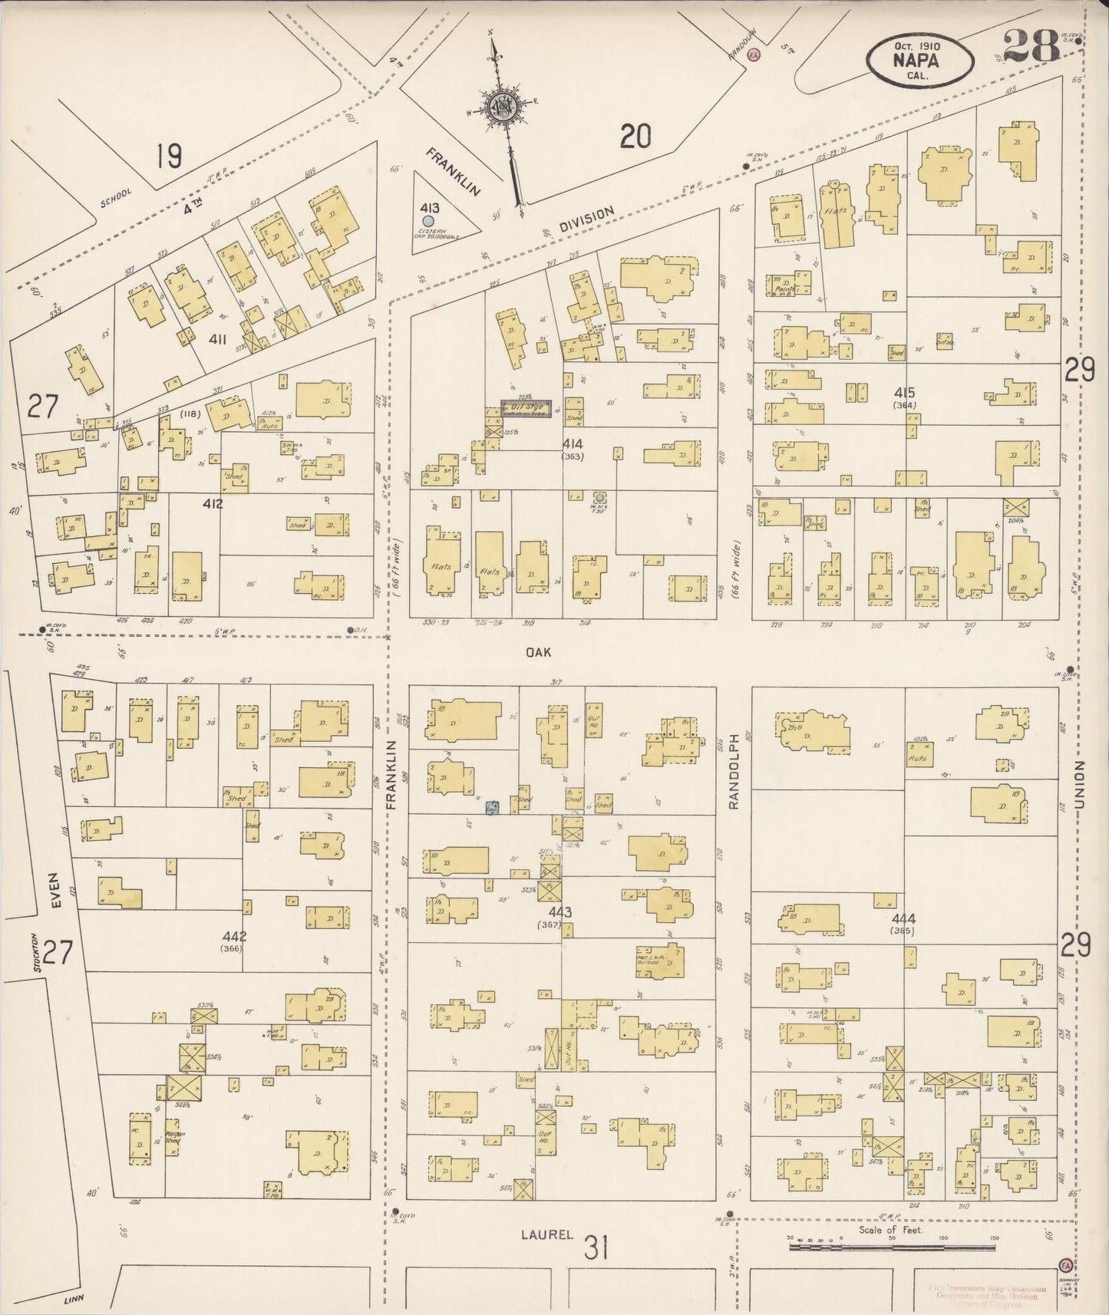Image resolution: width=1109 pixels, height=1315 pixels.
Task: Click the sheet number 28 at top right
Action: pos(1031,46)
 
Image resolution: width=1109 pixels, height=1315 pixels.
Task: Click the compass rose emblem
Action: pos(503,108)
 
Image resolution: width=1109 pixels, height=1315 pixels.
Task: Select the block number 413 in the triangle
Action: pos(430,208)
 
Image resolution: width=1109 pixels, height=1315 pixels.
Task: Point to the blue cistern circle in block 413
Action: pos(439,221)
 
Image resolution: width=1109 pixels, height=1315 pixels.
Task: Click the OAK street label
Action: pos(540,652)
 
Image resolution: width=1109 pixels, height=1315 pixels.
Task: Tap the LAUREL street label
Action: pos(546,1234)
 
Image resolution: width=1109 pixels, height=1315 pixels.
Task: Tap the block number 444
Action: pos(903,918)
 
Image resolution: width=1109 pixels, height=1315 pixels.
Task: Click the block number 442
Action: pos(233,937)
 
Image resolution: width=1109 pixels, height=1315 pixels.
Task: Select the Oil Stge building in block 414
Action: pos(526,407)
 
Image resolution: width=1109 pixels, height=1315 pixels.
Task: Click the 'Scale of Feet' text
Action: pos(890,1230)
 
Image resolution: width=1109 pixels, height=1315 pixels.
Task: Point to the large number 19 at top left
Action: pos(168,157)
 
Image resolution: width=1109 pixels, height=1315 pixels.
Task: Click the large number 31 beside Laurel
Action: pos(596,1247)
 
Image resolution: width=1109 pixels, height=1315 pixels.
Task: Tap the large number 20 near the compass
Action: pos(635,137)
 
